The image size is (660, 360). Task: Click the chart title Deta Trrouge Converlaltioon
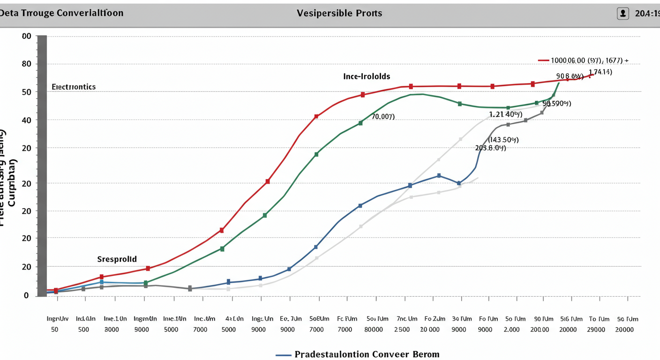62,13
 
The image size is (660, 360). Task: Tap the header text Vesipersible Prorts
339,13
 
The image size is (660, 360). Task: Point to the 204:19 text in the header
647,14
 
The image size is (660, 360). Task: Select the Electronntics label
74,87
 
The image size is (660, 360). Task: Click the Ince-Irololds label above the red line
367,76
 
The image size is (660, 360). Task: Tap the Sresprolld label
117,259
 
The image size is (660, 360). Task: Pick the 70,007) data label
383,116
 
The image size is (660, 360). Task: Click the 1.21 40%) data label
505,114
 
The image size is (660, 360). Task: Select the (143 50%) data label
503,140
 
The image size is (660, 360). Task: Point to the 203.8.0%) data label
490,148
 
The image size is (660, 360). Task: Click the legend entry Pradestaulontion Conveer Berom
367,354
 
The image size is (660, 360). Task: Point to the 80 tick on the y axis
26,64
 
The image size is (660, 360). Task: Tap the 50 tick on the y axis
26,92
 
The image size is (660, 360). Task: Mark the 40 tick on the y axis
26,120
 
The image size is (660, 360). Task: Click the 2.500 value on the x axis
402,330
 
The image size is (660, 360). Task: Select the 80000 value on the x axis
373,330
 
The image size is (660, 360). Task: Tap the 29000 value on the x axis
596,330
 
